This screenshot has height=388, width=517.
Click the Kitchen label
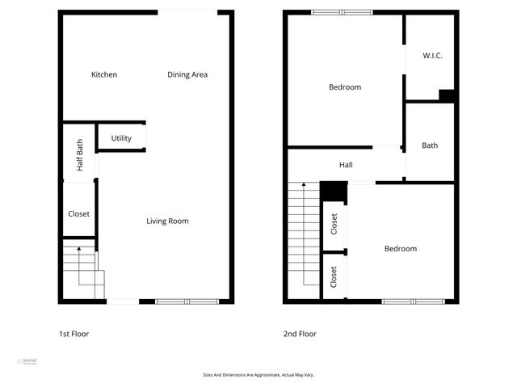[x=104, y=75]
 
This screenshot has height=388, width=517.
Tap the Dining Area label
[x=187, y=75]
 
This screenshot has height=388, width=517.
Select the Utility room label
[x=121, y=138]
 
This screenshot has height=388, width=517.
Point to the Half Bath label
[x=79, y=155]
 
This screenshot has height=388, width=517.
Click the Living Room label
[x=167, y=221]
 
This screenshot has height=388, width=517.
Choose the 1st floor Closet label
[x=78, y=214]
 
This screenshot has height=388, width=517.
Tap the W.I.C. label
[x=432, y=56]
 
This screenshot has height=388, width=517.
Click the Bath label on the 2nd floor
[x=430, y=146]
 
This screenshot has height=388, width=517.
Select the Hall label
[x=346, y=166]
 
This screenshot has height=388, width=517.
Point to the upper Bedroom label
[x=345, y=87]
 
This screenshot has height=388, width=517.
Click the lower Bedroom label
[x=401, y=249]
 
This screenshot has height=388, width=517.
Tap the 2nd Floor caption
[x=300, y=334]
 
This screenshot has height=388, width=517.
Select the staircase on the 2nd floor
[x=305, y=234]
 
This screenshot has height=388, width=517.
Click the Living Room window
[x=187, y=302]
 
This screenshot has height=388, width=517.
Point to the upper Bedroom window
[x=342, y=12]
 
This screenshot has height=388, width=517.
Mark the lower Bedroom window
[x=413, y=302]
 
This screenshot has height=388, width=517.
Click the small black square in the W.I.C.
[x=447, y=95]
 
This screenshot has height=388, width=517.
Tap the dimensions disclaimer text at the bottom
[x=258, y=375]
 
